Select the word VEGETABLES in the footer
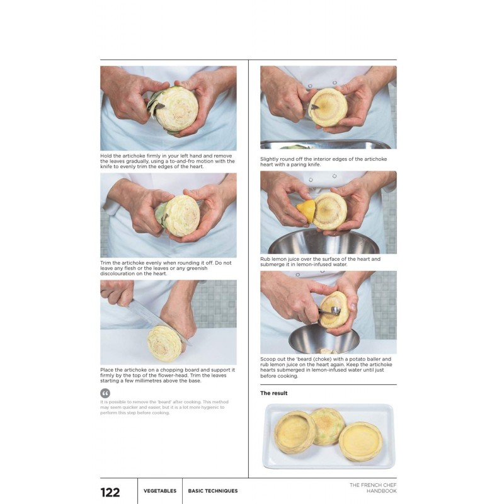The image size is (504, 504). tap(160, 491)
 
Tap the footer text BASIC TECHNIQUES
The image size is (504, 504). tap(213, 491)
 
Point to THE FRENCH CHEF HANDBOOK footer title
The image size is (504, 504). tap(373, 488)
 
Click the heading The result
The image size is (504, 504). tap(274, 393)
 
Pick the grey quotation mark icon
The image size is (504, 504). tap(105, 392)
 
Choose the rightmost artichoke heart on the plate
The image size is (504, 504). tap(361, 441)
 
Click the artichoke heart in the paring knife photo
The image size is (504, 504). tap(328, 106)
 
